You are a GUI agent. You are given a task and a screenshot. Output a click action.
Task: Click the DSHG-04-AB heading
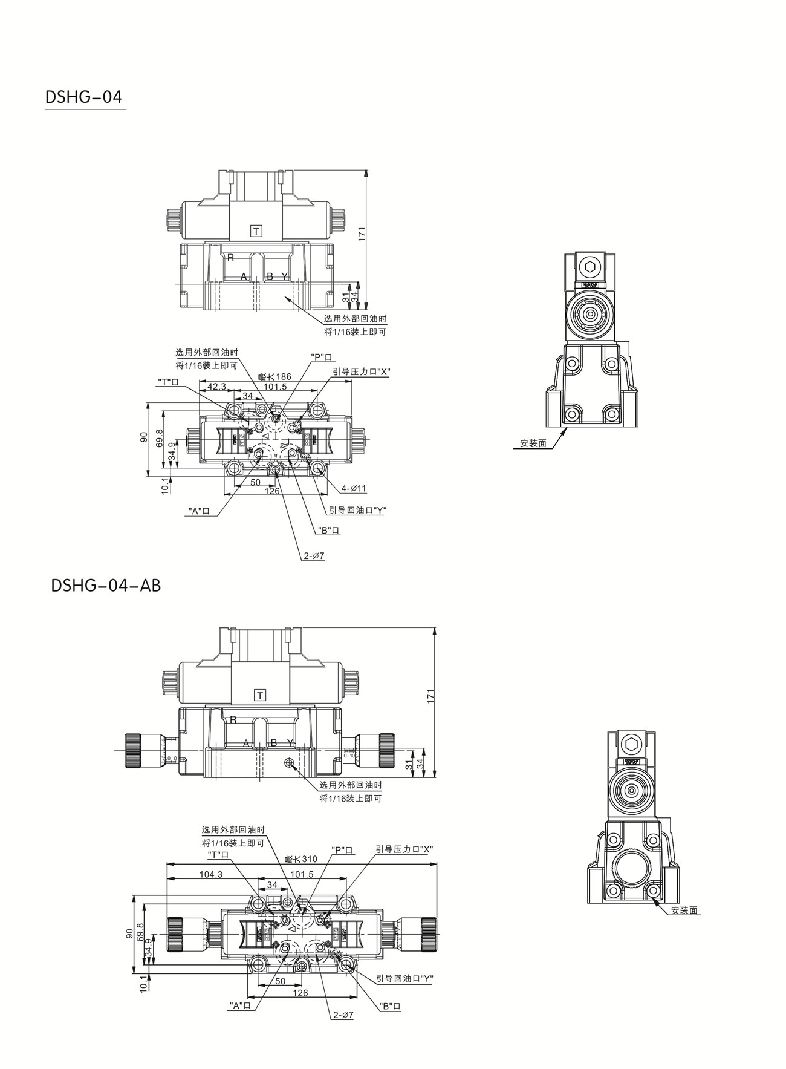click(106, 586)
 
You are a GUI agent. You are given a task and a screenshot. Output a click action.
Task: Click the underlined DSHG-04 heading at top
click(84, 97)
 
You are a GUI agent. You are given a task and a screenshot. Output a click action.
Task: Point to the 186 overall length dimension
click(276, 377)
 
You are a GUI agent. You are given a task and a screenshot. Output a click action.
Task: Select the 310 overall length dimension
click(302, 859)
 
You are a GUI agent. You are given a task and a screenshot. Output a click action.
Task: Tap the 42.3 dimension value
click(216, 387)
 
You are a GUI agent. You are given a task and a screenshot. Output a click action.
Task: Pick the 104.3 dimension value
click(211, 874)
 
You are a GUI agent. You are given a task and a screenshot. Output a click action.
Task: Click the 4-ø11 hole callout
click(354, 488)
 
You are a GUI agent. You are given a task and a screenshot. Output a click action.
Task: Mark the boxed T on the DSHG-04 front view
click(257, 231)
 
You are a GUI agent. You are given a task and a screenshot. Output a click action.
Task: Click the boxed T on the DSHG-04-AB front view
click(260, 695)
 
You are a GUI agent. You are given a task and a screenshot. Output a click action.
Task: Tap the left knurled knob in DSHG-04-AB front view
click(133, 750)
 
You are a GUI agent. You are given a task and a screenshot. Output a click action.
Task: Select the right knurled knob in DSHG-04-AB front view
click(386, 750)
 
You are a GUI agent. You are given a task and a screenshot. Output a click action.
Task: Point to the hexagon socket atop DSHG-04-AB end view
click(633, 745)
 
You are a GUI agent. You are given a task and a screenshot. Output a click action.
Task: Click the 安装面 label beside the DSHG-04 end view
click(533, 443)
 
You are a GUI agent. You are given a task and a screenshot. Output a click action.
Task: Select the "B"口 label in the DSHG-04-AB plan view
click(390, 1007)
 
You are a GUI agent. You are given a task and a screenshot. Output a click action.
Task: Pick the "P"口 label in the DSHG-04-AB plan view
click(343, 849)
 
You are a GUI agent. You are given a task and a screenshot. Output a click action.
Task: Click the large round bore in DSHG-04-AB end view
click(632, 869)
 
